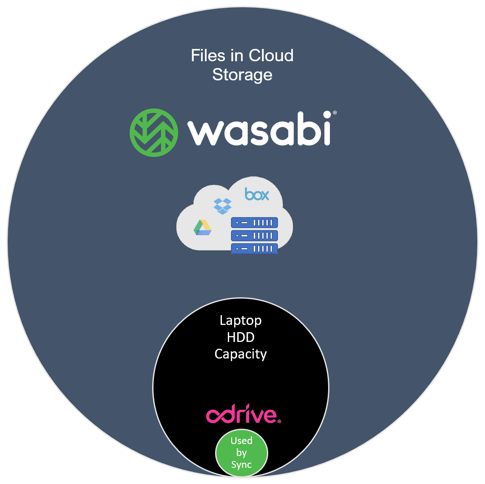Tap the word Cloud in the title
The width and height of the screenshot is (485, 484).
pos(271,56)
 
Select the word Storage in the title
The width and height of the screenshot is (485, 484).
pos(242,75)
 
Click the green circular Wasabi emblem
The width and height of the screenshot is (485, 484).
pos(154,133)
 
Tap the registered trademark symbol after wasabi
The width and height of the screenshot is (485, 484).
pos(335,113)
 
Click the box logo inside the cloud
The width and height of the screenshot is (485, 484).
pos(257,194)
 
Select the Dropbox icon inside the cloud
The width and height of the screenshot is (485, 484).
pos(222,206)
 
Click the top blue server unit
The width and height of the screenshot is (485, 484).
pos(254,222)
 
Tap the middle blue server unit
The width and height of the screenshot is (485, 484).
pos(254,236)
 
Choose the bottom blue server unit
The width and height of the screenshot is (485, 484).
pos(254,248)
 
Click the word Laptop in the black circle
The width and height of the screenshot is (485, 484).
pos(241,320)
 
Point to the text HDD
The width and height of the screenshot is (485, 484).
pos(241,337)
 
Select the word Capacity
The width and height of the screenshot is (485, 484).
pos(241,354)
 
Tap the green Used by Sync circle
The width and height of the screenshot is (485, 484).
pos(241,453)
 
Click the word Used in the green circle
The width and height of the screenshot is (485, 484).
pos(241,441)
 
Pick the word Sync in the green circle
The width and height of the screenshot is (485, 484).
pos(241,465)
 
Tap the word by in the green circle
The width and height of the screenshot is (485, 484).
pos(241,453)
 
